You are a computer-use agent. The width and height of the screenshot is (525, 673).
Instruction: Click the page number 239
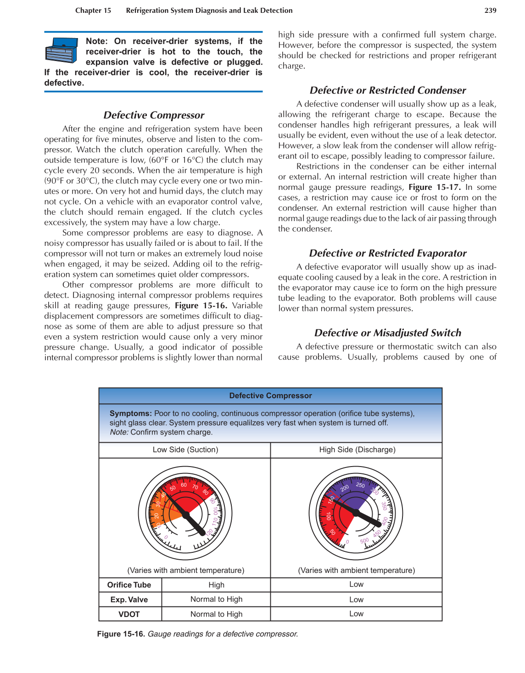(x=490, y=11)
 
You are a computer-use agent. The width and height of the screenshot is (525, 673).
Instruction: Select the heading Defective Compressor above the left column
(x=154, y=115)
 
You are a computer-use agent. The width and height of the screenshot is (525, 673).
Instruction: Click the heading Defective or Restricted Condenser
(x=388, y=90)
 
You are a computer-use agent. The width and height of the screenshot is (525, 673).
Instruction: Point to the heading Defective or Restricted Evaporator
(x=388, y=253)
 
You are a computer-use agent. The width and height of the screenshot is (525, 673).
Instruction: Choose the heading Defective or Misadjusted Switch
(x=388, y=333)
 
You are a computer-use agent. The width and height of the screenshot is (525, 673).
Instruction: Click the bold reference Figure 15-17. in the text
(x=434, y=187)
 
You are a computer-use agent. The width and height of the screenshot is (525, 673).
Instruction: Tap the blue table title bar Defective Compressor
(x=270, y=395)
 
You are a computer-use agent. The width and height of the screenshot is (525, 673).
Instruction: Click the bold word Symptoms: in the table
(x=131, y=413)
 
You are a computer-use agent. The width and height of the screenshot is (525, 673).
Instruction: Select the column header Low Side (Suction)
(x=185, y=450)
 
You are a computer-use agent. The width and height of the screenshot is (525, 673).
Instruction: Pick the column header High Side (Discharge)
(x=357, y=450)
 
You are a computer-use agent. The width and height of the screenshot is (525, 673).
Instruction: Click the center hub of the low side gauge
(x=186, y=515)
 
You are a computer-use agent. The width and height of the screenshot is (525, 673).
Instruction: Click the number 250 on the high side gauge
(x=361, y=485)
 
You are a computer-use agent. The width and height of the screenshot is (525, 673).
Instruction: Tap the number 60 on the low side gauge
(x=184, y=485)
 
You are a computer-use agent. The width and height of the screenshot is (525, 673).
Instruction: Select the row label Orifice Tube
(x=129, y=585)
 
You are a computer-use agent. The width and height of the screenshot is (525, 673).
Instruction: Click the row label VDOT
(x=129, y=614)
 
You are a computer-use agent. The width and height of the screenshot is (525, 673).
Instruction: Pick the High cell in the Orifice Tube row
(x=216, y=585)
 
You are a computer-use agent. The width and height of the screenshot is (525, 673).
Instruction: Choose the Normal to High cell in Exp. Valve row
(x=216, y=599)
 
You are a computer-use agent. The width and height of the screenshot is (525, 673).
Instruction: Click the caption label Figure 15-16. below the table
(x=121, y=634)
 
